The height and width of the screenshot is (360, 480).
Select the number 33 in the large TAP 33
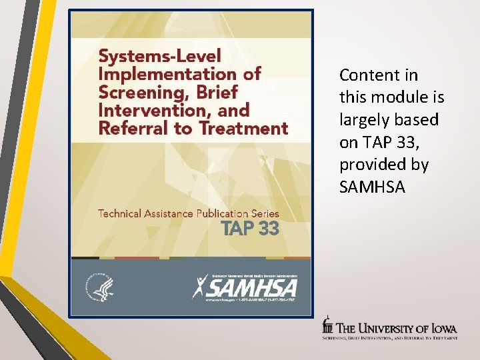point(269,229)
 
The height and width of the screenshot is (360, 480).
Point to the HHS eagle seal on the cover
point(97,286)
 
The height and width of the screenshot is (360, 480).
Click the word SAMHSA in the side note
point(371,187)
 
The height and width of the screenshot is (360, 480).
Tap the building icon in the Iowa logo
point(327,325)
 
